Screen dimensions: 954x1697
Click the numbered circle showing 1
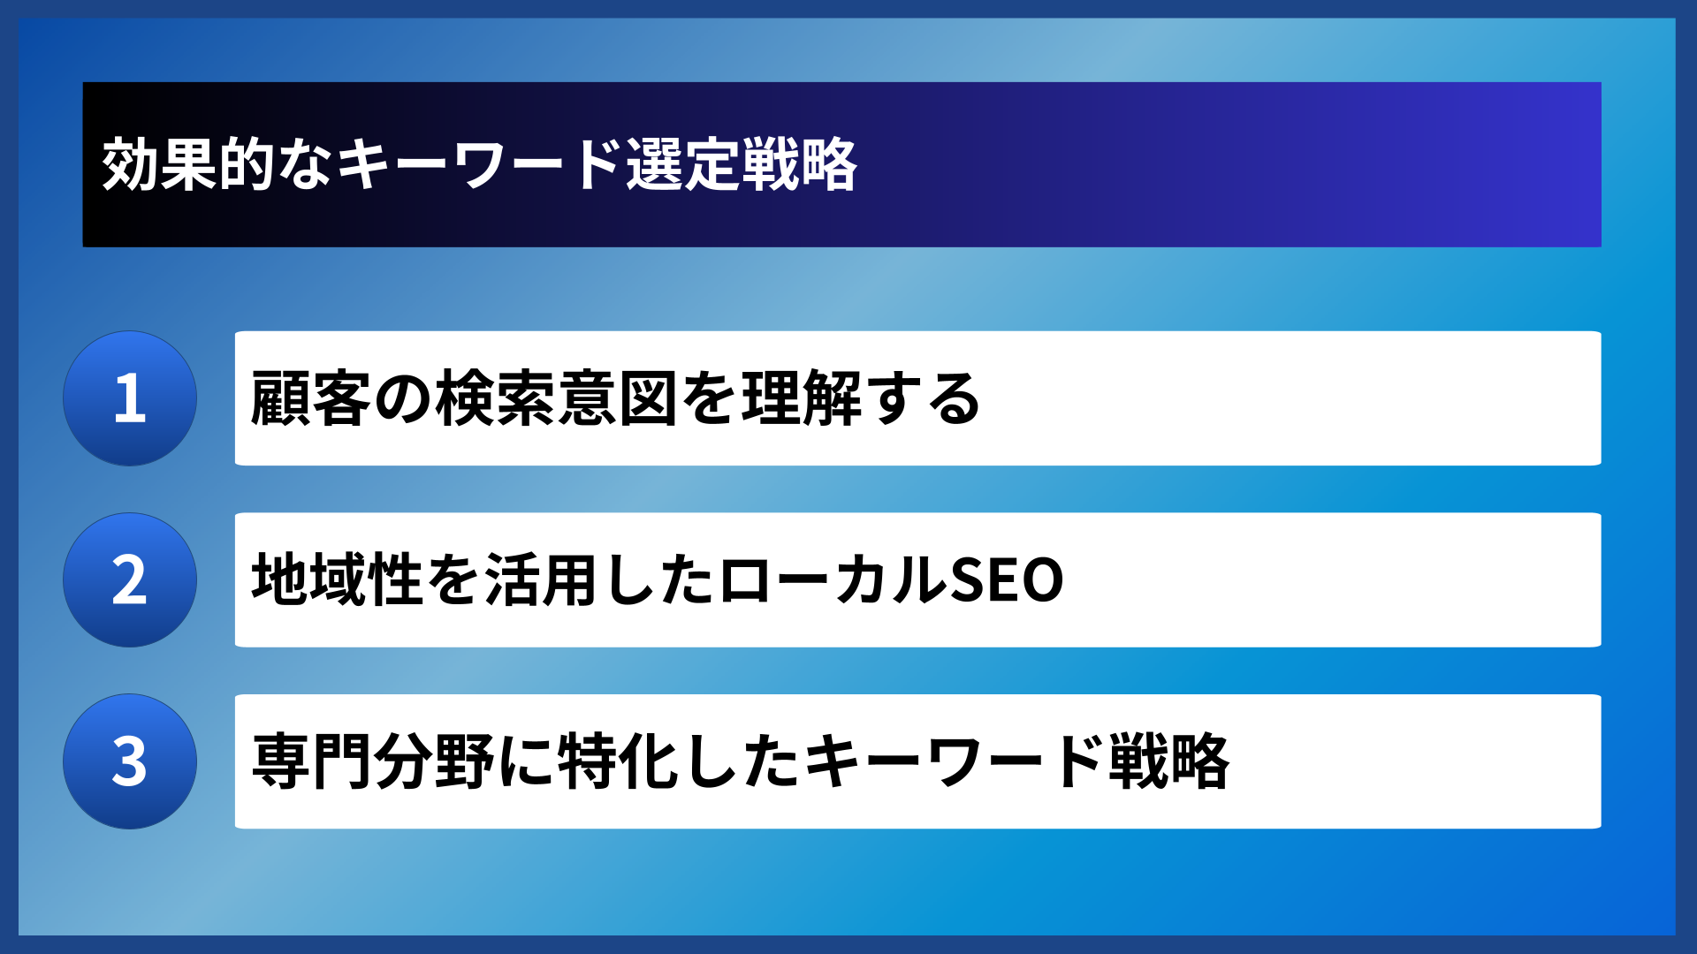pyautogui.click(x=130, y=398)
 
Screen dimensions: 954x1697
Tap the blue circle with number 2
pyautogui.click(x=130, y=580)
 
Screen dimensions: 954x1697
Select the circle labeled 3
pyautogui.click(x=130, y=761)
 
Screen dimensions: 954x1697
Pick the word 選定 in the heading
pyautogui.click(x=683, y=165)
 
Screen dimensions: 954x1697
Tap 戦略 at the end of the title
pyautogui.click(x=799, y=165)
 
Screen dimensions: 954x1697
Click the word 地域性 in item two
pyautogui.click(x=338, y=580)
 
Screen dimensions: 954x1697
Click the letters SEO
pyautogui.click(x=1006, y=580)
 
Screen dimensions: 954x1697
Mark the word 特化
pyautogui.click(x=619, y=761)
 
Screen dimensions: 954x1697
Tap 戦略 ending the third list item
pyautogui.click(x=1168, y=761)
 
